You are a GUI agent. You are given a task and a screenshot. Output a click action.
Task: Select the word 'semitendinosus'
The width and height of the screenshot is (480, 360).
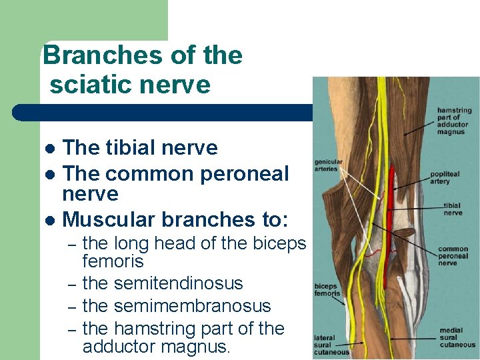click(x=179, y=284)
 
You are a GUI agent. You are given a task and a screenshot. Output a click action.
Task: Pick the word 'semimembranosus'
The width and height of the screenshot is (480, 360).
click(x=193, y=307)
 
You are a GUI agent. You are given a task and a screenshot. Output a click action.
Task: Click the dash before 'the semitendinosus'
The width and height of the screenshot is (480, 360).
click(x=72, y=285)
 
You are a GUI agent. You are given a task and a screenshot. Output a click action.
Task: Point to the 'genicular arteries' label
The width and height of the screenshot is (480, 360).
click(x=329, y=165)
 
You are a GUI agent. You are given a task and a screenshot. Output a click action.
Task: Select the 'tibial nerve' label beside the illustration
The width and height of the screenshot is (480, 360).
click(x=453, y=209)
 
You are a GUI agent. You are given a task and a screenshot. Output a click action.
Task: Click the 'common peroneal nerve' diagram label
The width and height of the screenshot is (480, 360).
click(x=453, y=256)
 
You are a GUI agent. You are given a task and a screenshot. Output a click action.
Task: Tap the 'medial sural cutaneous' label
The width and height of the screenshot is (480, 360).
click(x=457, y=337)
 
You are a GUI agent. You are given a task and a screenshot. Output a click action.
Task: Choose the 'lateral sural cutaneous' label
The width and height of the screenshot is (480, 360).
click(x=331, y=345)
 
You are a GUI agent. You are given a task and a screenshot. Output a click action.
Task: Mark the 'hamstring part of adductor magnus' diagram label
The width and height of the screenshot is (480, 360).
click(x=455, y=121)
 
